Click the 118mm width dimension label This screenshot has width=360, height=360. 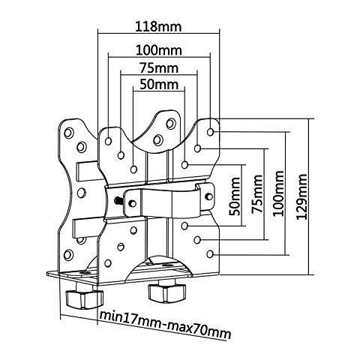pos(158,27)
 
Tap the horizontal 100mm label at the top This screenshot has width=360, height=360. pos(159,50)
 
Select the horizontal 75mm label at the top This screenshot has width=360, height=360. pos(159,67)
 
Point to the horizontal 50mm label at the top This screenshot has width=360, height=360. pos(159,84)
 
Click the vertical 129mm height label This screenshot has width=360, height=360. pos(301,196)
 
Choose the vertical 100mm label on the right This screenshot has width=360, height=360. pos(278,193)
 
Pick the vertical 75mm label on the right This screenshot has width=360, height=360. pos(257,194)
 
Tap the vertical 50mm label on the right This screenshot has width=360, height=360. pos(235,196)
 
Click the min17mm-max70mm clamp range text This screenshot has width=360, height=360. pos(165,325)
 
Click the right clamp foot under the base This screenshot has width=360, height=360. pos(167,292)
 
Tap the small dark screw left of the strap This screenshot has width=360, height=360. pos(118,200)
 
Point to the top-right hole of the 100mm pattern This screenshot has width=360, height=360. pos(211,132)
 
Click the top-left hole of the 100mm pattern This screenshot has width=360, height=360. pos(108,141)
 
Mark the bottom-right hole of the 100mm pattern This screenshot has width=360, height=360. pos(210,254)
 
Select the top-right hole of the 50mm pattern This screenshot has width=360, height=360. pos(184,165)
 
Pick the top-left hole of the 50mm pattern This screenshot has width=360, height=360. pos(133,169)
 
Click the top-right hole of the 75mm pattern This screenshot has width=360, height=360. pos(197,148)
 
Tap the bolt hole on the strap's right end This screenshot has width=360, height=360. pos(208,196)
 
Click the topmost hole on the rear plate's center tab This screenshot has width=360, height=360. pos(171,124)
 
